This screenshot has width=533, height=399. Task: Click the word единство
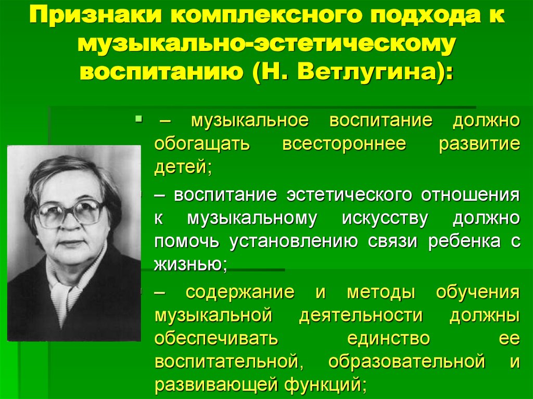click(x=388, y=339)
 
